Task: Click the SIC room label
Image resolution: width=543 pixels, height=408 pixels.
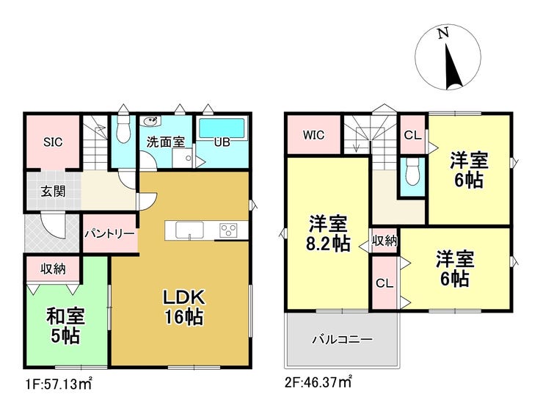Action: click(54, 142)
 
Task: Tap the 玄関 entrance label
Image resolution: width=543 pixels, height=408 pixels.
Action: click(53, 192)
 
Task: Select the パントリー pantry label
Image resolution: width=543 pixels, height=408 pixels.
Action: click(110, 234)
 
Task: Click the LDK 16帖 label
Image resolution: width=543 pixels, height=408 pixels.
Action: click(184, 307)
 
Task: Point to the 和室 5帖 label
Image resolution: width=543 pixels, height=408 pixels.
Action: click(65, 326)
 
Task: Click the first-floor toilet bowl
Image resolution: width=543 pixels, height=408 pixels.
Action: click(123, 129)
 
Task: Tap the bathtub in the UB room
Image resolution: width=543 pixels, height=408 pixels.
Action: click(222, 129)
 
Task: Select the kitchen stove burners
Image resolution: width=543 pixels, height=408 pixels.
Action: click(228, 230)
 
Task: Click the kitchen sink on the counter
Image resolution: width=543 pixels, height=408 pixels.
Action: click(189, 230)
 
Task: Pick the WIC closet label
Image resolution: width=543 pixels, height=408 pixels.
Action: click(314, 135)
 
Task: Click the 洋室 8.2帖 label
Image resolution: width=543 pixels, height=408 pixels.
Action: click(327, 233)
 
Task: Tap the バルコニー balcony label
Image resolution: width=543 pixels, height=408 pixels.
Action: click(343, 340)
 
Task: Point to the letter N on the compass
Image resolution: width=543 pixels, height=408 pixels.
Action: click(443, 33)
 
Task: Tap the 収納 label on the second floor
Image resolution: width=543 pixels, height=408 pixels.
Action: click(385, 241)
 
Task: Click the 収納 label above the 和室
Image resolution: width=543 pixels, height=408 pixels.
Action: click(53, 269)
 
